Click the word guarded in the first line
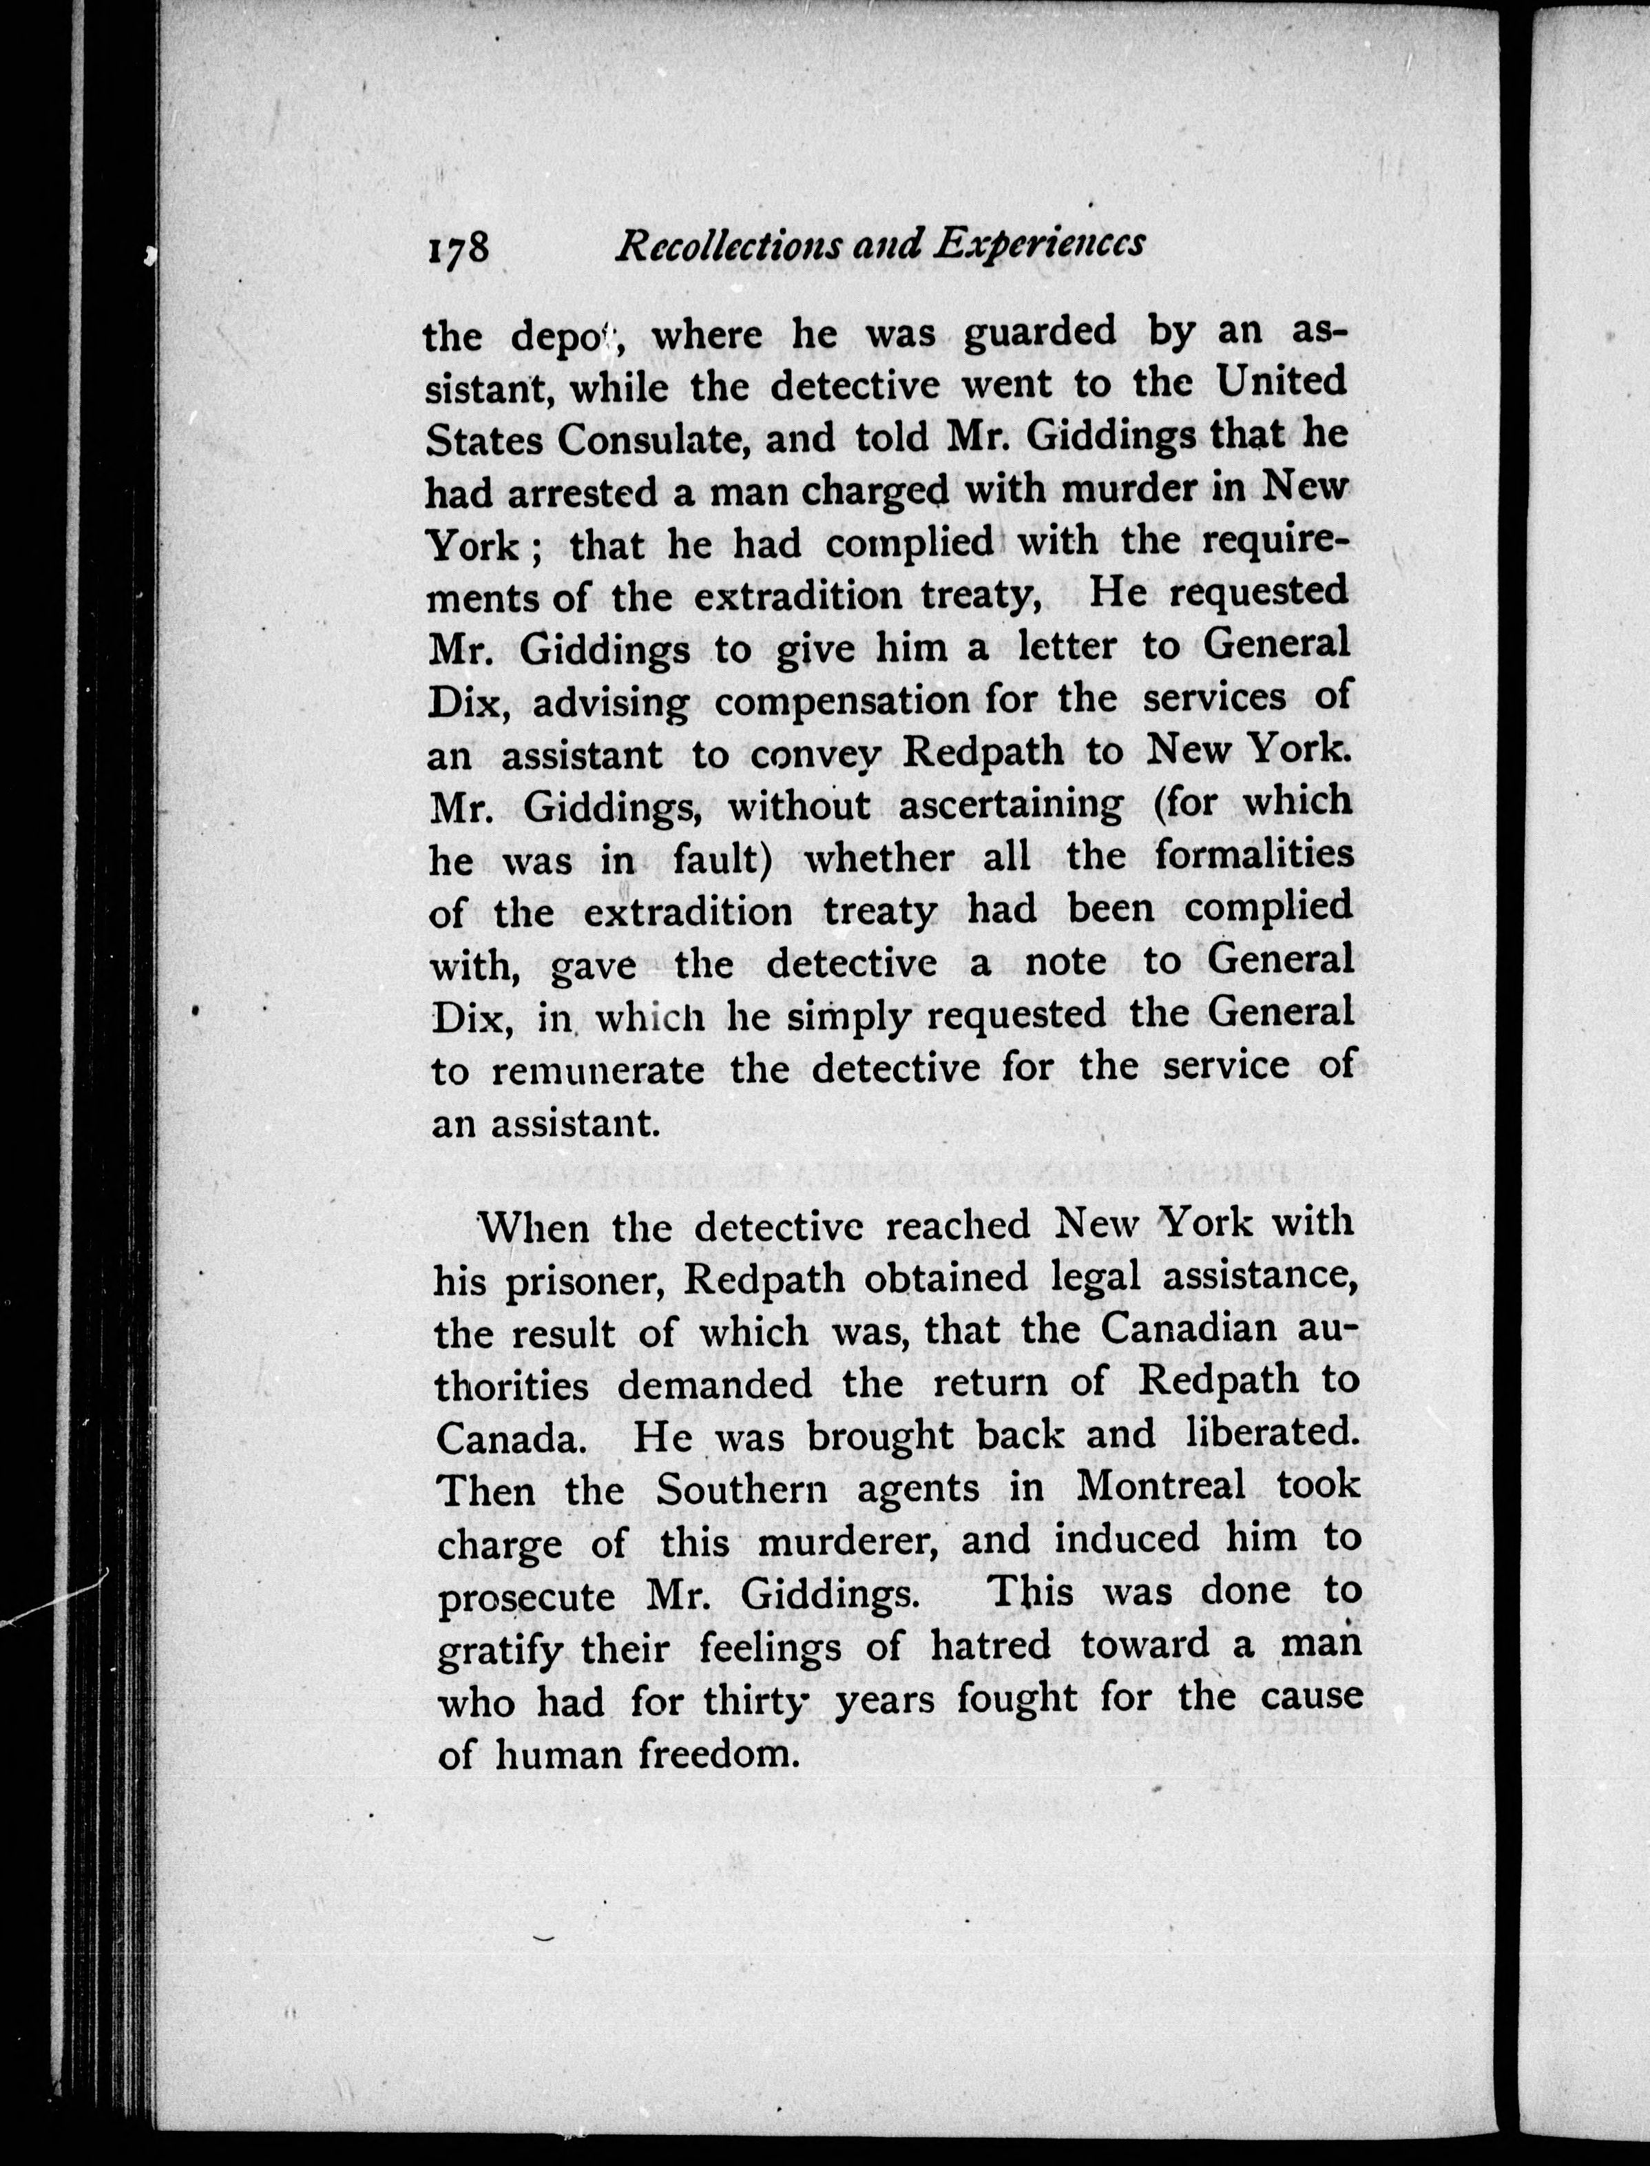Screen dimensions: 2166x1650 pos(1040,332)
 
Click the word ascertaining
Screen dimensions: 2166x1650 pos(1012,805)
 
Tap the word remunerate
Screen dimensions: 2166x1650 pos(597,1069)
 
